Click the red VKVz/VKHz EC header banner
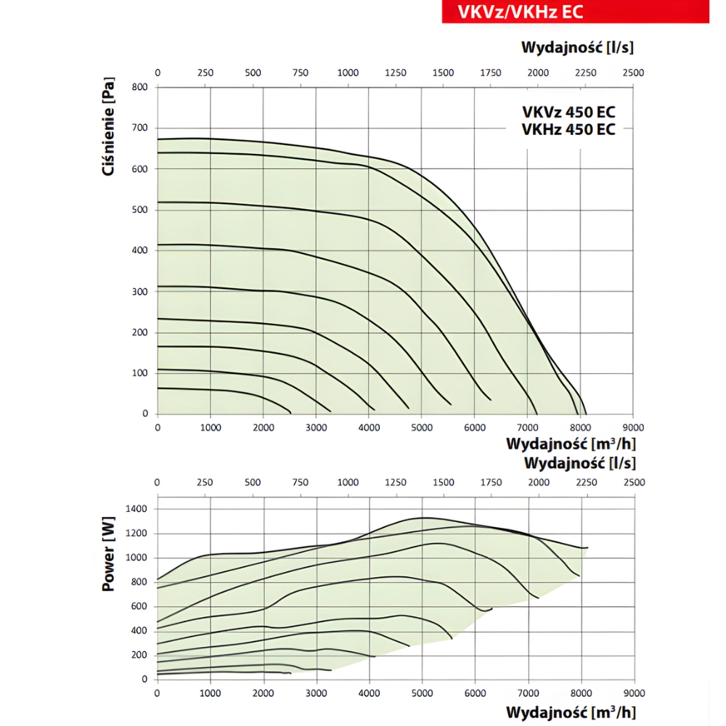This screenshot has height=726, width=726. [575, 12]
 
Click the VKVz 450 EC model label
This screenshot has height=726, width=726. [568, 113]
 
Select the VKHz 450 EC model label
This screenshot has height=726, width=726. [568, 129]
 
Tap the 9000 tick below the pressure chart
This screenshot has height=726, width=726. [633, 428]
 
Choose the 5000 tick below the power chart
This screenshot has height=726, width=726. [422, 693]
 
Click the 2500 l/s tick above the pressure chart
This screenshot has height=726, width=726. [633, 73]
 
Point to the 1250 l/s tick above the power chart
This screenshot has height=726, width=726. [395, 483]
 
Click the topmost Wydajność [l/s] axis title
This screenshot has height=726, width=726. [577, 48]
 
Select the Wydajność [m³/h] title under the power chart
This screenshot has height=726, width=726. [574, 711]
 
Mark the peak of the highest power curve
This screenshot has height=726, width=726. [425, 518]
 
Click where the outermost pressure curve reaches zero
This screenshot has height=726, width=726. [587, 414]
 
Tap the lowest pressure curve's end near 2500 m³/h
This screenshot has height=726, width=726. [290, 413]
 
